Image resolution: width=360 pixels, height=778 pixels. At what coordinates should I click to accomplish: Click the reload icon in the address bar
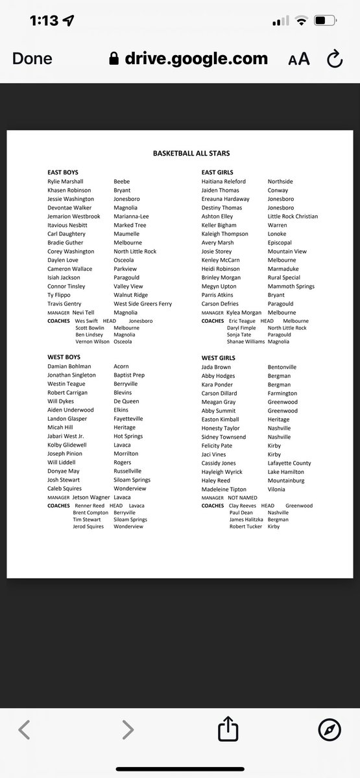click(x=334, y=60)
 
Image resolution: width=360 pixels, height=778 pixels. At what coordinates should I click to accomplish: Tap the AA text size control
click(x=299, y=59)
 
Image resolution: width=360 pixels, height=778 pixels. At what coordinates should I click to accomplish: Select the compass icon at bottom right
click(x=330, y=730)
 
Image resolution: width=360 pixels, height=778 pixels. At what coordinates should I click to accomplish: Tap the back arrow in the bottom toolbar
click(x=24, y=730)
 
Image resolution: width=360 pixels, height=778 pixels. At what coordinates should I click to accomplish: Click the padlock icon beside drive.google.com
click(x=114, y=59)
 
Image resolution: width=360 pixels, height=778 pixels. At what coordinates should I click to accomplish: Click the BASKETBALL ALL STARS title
click(x=191, y=154)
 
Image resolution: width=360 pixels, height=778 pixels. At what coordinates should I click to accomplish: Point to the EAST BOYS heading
click(x=64, y=172)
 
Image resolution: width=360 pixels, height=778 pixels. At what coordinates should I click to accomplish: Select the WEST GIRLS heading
click(x=219, y=358)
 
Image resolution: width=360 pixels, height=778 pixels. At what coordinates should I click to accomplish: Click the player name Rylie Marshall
click(x=66, y=182)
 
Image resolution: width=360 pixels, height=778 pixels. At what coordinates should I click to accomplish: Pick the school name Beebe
click(x=121, y=182)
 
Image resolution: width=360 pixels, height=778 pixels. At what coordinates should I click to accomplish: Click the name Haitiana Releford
click(x=224, y=182)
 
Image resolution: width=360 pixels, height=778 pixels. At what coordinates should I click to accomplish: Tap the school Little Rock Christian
click(x=293, y=217)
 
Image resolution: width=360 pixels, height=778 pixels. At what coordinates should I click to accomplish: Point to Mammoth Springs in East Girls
click(x=291, y=287)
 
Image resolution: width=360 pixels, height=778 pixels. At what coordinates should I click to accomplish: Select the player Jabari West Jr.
click(x=66, y=436)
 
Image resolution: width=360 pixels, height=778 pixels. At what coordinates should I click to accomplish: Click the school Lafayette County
click(x=289, y=464)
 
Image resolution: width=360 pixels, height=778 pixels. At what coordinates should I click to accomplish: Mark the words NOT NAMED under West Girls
click(x=243, y=498)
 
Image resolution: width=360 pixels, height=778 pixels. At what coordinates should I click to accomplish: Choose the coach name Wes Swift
click(x=86, y=321)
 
